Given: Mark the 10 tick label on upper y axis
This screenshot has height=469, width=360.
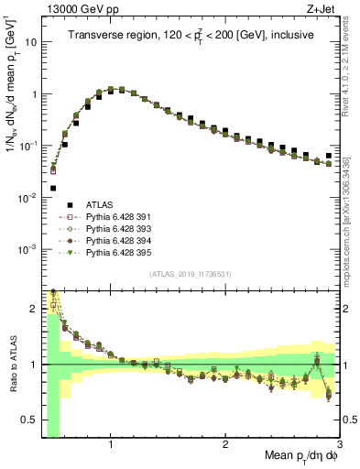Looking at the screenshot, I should point(30,42).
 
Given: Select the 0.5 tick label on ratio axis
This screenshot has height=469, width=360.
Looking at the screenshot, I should point(29,421).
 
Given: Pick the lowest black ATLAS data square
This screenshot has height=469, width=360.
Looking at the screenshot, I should point(52,188).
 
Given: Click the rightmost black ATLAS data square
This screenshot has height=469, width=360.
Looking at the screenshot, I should point(329,156).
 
